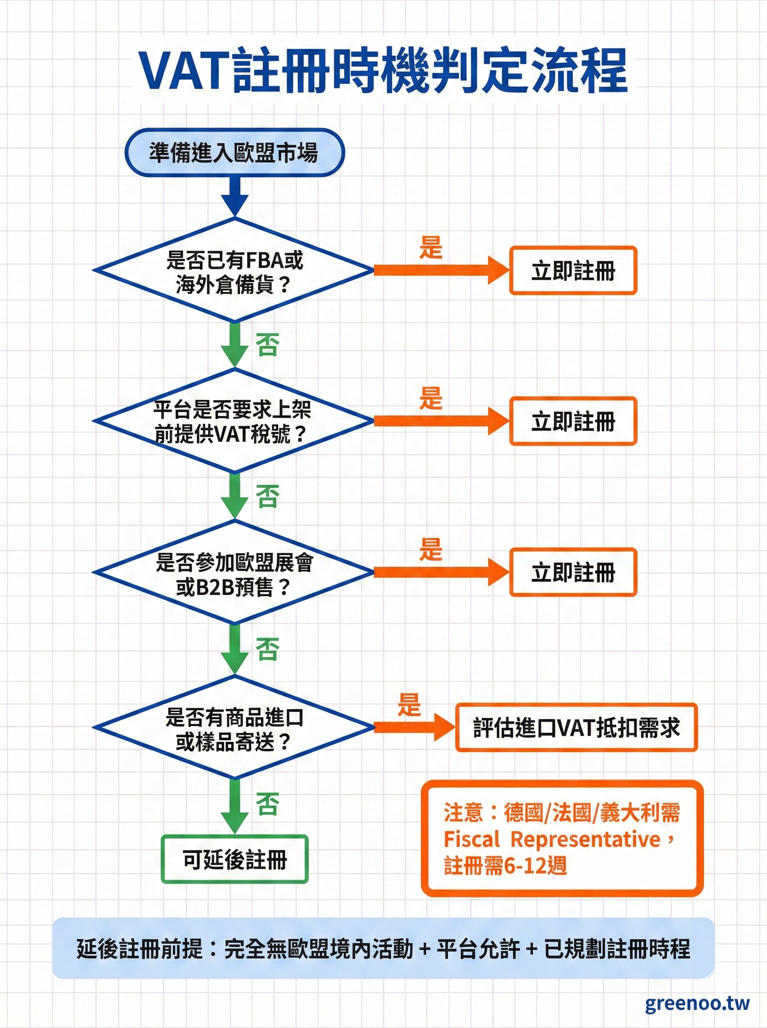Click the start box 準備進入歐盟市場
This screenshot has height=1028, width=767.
coord(234,152)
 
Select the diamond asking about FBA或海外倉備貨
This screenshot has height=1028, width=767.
coord(234,270)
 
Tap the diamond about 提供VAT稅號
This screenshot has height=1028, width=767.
coord(234,421)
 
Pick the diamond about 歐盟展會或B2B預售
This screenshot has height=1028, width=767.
coord(234,573)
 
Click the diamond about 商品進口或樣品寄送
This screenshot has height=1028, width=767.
coord(234,727)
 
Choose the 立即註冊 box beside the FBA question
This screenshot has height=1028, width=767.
coord(573,271)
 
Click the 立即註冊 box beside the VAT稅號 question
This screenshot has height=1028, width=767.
coord(573,421)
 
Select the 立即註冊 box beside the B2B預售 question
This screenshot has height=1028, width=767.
coord(573,572)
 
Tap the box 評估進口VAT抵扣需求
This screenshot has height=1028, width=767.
coord(576,728)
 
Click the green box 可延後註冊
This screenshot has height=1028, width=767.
coord(235,859)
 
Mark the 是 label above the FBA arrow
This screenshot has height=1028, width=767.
coord(431,247)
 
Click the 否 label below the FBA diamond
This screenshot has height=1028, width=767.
coord(268,345)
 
